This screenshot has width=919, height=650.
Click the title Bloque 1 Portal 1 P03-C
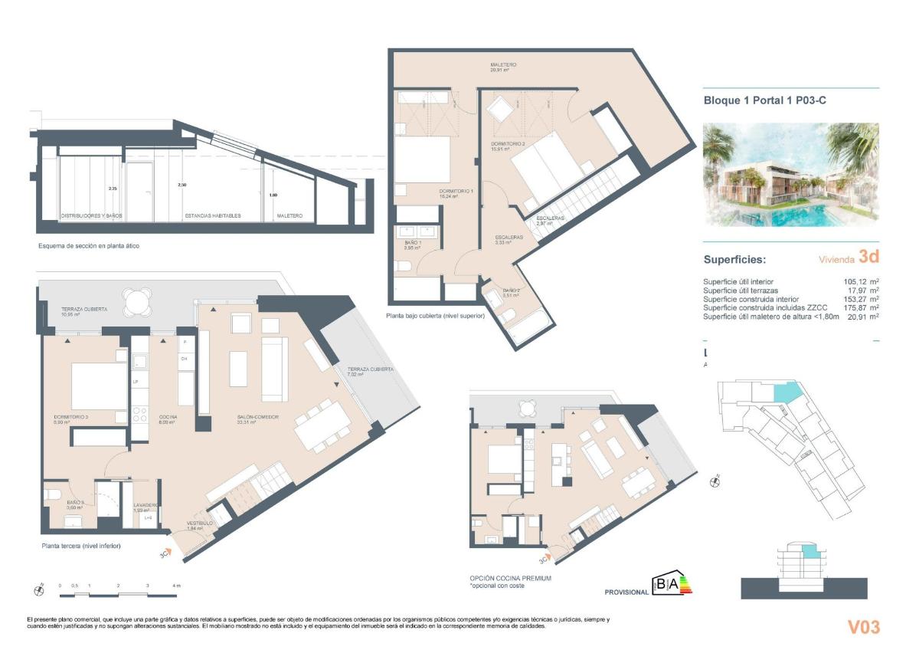[x=765, y=100]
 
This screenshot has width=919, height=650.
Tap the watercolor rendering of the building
[x=791, y=175]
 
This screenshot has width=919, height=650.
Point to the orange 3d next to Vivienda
[x=868, y=257]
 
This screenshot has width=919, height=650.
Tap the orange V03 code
[x=863, y=627]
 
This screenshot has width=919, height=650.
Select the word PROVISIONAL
[x=626, y=593]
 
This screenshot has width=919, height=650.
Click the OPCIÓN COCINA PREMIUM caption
[x=510, y=579]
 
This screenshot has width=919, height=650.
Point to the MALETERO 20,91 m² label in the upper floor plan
[x=503, y=67]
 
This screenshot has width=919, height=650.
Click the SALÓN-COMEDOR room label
[x=257, y=419]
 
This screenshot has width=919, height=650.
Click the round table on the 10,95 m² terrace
[x=137, y=301]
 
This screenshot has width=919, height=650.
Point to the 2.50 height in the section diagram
[x=182, y=185]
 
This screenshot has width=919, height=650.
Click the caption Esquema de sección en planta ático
[x=89, y=246]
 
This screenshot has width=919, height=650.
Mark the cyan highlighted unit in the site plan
[x=787, y=392]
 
